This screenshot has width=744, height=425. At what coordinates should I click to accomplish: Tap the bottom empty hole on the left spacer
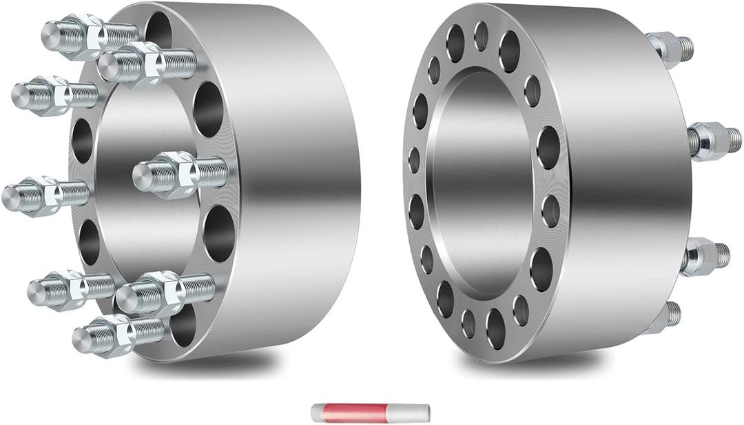[x=183, y=324]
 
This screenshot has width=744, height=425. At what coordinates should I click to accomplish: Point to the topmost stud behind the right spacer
[x=672, y=48]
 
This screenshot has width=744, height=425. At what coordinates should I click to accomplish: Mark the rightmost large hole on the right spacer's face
[x=548, y=147]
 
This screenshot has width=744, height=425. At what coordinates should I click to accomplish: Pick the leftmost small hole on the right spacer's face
[x=413, y=160]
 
